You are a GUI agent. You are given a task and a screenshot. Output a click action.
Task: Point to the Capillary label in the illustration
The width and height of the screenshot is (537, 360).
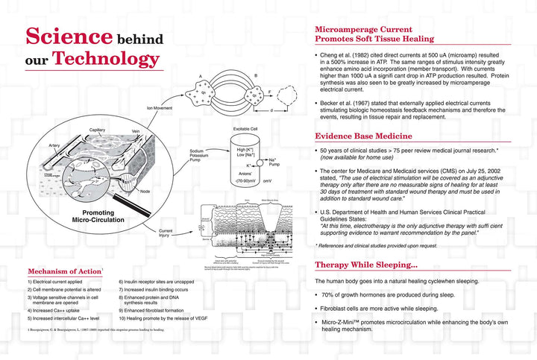tap(97, 130)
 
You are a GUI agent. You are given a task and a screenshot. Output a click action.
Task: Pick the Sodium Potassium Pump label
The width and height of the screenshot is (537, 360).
tap(199, 155)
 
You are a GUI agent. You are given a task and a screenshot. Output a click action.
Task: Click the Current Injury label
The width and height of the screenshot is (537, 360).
tap(167, 235)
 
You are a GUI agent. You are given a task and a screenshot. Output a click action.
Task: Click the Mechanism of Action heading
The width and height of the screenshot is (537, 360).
tap(63, 270)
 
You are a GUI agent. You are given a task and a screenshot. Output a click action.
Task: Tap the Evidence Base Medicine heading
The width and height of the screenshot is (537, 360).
tap(363, 136)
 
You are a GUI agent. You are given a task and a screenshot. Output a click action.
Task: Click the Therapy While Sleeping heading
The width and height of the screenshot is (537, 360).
tap(365, 265)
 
